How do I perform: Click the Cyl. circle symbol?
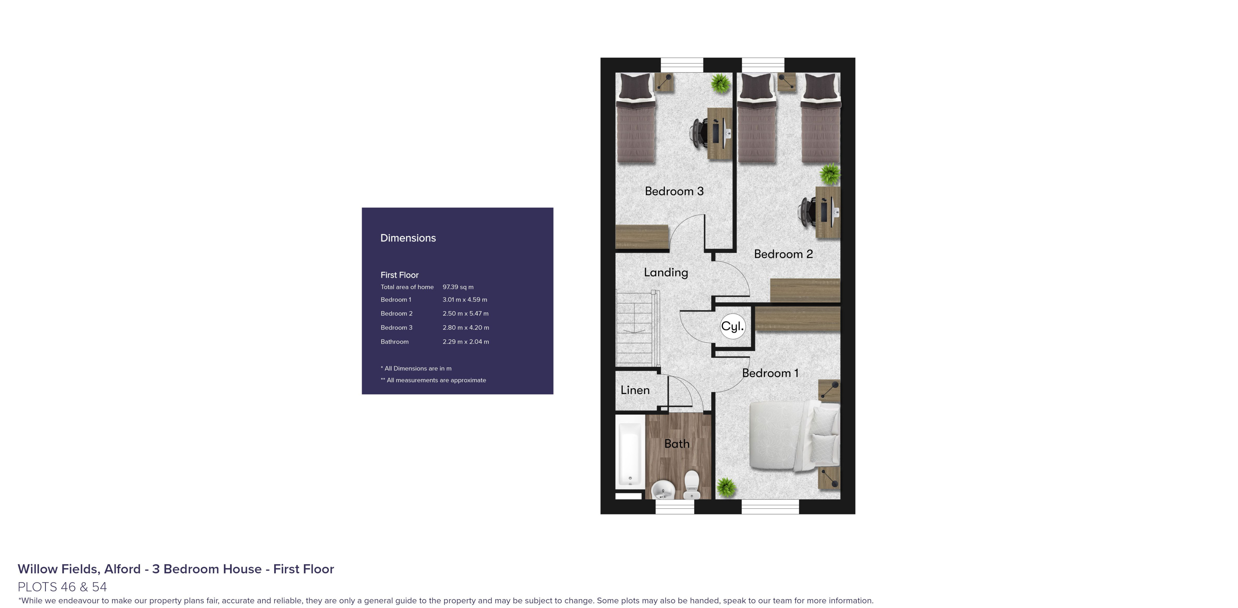tap(732, 326)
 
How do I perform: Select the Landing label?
tap(666, 272)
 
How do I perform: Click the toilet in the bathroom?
tap(691, 485)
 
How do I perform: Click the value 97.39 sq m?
tap(458, 287)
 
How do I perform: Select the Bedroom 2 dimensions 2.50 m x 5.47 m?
tap(465, 313)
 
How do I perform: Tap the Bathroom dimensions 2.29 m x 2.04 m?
tap(466, 342)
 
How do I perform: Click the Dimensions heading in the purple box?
tap(408, 238)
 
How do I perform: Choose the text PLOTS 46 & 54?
tap(62, 587)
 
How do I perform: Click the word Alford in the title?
tap(123, 569)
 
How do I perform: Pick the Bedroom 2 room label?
tap(783, 254)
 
